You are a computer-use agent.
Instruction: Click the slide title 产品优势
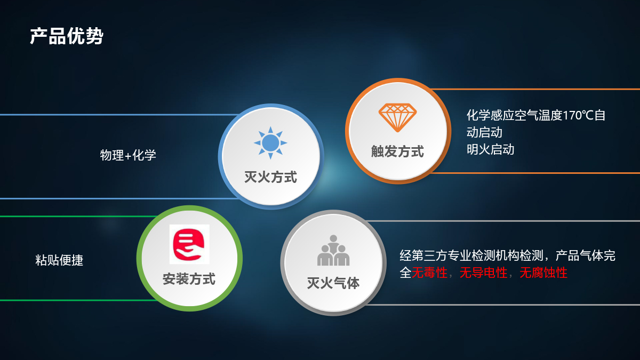(x=67, y=36)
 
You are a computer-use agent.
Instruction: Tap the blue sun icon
(x=270, y=142)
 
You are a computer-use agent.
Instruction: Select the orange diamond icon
(x=397, y=117)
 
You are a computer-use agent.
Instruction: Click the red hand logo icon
(x=189, y=244)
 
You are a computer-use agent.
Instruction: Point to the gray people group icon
(x=333, y=250)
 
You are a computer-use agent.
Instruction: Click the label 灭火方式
(x=270, y=177)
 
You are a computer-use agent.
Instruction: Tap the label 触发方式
(x=397, y=151)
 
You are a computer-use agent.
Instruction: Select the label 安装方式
(x=189, y=279)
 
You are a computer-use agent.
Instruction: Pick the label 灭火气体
(x=333, y=283)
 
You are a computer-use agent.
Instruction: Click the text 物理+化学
(x=128, y=155)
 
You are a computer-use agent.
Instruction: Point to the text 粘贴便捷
(x=59, y=260)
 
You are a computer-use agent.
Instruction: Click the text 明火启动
(x=490, y=149)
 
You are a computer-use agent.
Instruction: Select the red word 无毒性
(x=429, y=273)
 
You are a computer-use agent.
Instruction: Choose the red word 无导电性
(x=483, y=273)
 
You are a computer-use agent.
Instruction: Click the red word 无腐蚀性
(x=543, y=273)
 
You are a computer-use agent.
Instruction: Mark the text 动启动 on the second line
(x=484, y=132)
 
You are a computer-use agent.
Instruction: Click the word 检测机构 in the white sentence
(x=495, y=255)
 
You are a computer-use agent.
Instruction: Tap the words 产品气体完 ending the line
(x=586, y=255)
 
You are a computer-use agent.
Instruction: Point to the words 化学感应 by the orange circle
(x=490, y=115)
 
